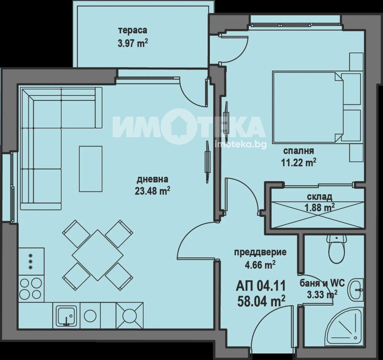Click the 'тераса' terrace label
(133, 31)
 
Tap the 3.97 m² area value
(133, 44)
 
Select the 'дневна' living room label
(152, 179)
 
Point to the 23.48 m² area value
(152, 191)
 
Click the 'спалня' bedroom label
(298, 151)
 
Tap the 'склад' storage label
(319, 196)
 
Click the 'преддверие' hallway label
(260, 252)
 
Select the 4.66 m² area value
(260, 265)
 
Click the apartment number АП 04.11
(260, 286)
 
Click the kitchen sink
(66, 316)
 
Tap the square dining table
(97, 255)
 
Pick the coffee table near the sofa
(90, 169)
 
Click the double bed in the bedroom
(317, 107)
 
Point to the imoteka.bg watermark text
(241, 145)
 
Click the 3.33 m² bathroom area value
(322, 295)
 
